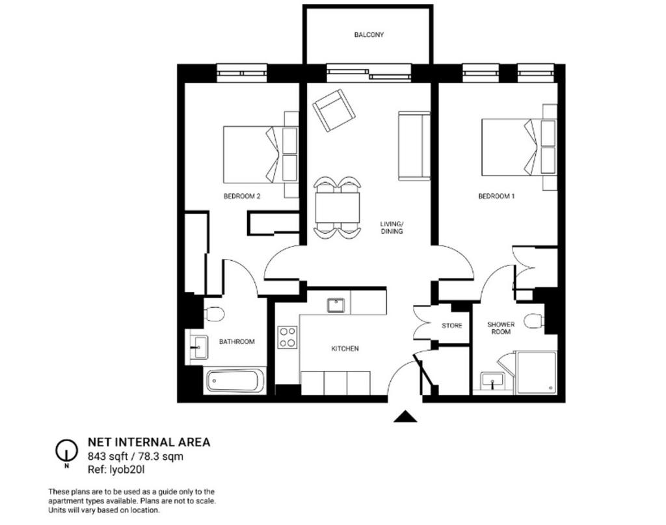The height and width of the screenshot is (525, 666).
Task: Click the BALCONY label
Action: click(369, 34)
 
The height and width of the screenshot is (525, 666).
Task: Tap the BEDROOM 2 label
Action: click(242, 196)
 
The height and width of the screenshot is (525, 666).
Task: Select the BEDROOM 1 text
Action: click(496, 196)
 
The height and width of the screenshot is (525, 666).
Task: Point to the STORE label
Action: click(451, 326)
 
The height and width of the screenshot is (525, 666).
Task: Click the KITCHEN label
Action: click(345, 349)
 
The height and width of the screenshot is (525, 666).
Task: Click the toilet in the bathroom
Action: click(214, 315)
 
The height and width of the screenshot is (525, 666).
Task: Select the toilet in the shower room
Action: click(534, 321)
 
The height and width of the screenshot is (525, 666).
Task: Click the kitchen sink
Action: click(336, 305)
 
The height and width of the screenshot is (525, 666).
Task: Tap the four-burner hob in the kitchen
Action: click(287, 337)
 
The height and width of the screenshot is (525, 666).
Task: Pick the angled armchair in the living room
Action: click(334, 111)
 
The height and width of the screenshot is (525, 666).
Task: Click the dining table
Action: click(338, 208)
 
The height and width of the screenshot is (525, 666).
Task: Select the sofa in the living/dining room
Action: click(414, 146)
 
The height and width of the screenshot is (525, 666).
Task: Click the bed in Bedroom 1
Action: click(519, 147)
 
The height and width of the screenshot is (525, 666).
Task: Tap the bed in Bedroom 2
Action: click(261, 154)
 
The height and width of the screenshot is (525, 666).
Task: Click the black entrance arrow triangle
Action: click(405, 417)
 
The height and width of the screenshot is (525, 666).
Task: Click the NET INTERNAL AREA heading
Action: click(149, 442)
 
